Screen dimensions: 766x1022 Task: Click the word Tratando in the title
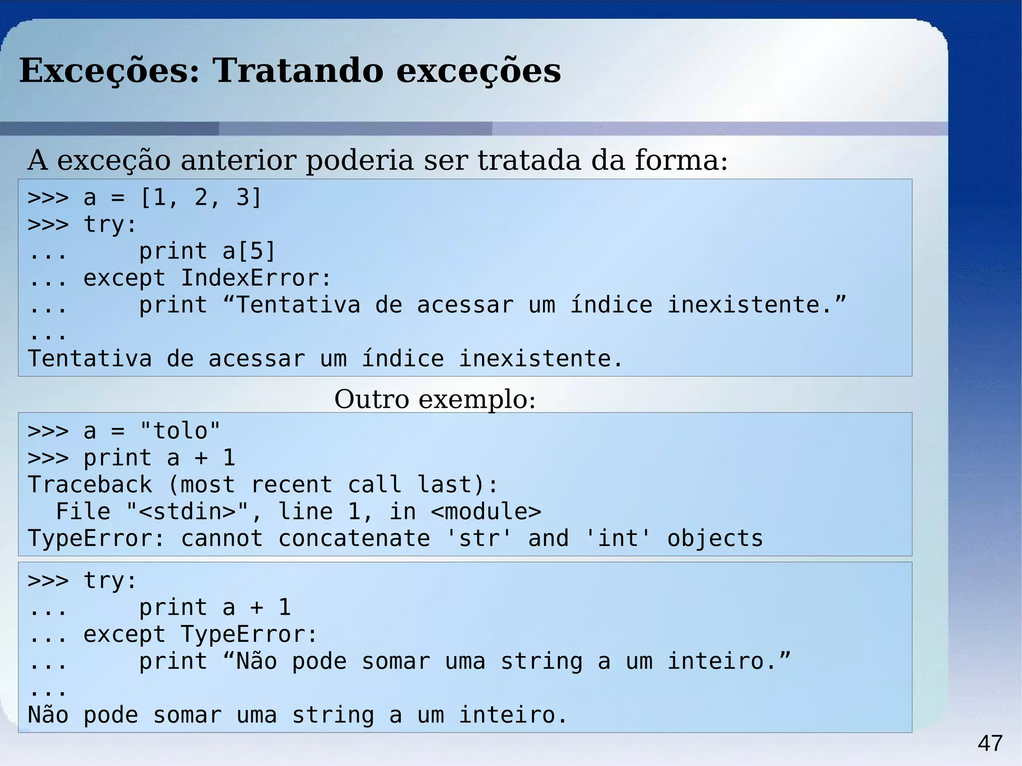[298, 70]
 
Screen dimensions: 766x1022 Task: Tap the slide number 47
[990, 744]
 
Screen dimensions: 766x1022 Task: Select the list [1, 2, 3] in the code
[201, 198]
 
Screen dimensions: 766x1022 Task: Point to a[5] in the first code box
[249, 251]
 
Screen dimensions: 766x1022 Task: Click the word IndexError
[255, 278]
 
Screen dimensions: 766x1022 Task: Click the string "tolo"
[180, 431]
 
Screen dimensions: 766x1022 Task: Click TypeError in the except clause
[249, 635]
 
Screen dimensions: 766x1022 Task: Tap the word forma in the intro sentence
[681, 161]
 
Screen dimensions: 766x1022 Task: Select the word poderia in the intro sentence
[359, 161]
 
